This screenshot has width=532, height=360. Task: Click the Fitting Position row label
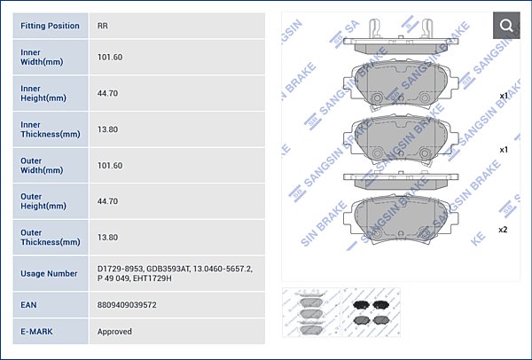pos(50,26)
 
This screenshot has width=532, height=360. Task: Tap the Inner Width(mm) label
pos(42,57)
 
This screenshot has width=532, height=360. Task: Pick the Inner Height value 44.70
pos(107,93)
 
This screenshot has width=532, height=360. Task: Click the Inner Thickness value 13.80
pos(107,129)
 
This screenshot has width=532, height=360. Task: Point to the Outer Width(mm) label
pos(42,165)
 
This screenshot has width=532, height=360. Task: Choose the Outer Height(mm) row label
pos(43,201)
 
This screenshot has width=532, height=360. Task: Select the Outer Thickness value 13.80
pos(107,237)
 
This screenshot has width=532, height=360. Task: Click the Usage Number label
pos(49,273)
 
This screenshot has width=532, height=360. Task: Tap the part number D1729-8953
pos(120,269)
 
